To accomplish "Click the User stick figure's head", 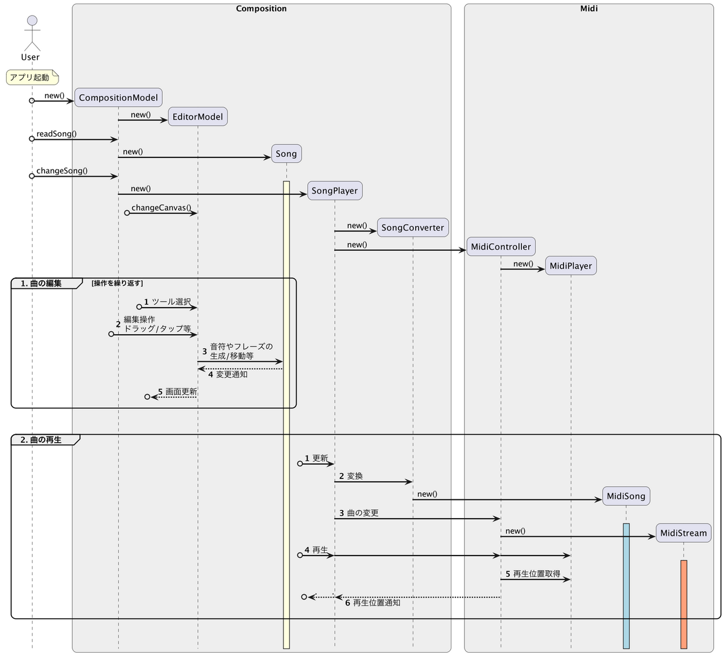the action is click(x=32, y=21).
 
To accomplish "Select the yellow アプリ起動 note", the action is click(x=32, y=77).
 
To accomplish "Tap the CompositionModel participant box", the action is click(x=118, y=98).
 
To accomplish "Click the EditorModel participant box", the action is click(x=198, y=116).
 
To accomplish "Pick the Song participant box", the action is click(x=286, y=154).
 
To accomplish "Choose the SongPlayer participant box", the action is click(x=335, y=191).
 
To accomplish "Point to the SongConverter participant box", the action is click(x=413, y=227).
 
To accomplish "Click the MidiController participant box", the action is click(x=501, y=247).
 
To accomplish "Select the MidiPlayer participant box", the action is click(x=571, y=265).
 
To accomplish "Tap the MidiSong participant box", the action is click(x=626, y=496).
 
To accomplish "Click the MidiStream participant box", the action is click(x=684, y=533).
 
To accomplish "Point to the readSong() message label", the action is click(x=57, y=134).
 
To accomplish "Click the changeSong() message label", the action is click(x=62, y=171).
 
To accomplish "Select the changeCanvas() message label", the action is click(x=161, y=208).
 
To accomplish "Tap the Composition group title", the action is click(x=261, y=8).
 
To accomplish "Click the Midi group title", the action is click(x=589, y=8).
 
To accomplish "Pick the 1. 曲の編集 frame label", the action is click(x=41, y=283).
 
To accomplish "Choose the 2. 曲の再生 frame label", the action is click(x=41, y=440).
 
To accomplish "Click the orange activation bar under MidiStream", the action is click(x=684, y=604).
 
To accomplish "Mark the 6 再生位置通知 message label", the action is click(x=373, y=603).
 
